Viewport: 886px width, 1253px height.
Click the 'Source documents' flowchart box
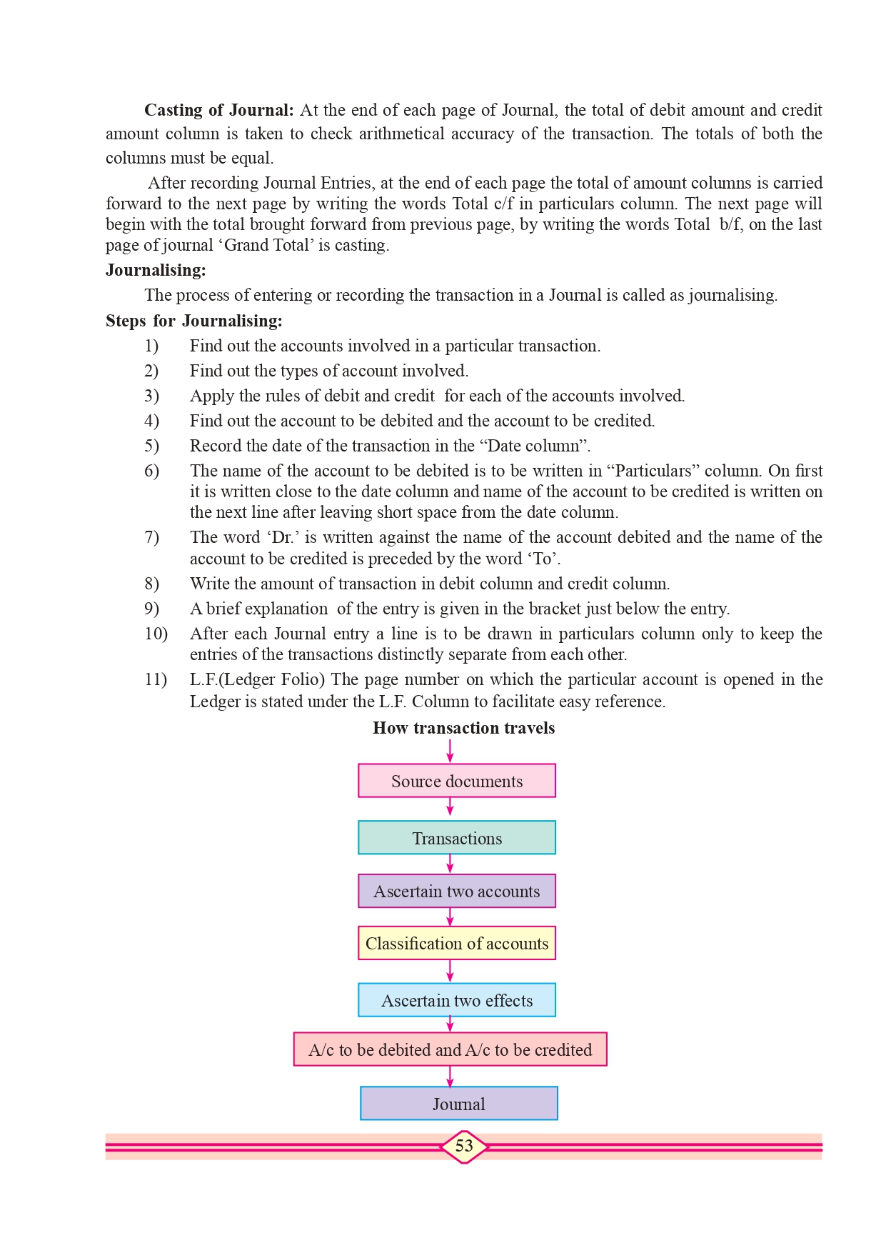(457, 781)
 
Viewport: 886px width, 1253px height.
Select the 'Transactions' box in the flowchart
(457, 838)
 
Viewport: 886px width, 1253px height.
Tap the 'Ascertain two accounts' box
(457, 891)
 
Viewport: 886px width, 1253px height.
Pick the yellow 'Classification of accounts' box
(457, 943)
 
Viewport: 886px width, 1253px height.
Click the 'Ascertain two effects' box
(457, 1000)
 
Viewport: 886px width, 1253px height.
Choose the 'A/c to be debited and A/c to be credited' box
(450, 1049)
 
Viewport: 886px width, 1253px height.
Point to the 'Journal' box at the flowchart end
(458, 1104)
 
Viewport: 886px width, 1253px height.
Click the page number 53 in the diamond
(464, 1146)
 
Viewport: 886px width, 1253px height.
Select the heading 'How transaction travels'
(463, 728)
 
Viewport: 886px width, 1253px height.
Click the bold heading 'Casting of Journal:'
(218, 110)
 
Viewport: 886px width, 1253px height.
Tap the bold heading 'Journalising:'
(156, 270)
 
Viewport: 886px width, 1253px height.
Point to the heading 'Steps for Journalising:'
(193, 321)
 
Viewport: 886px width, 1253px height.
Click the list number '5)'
(151, 446)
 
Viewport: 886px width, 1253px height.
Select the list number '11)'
(156, 679)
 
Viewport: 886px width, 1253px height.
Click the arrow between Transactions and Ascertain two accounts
(450, 864)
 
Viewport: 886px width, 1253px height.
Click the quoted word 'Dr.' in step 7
(283, 537)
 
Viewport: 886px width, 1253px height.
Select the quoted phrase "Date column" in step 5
(533, 446)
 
